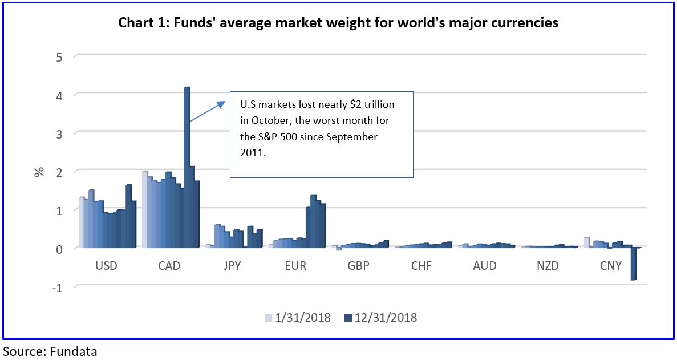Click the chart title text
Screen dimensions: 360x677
click(x=338, y=23)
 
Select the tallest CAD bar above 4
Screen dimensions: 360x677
click(x=187, y=165)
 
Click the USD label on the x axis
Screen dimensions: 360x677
click(x=107, y=266)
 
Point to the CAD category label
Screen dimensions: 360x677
click(x=169, y=266)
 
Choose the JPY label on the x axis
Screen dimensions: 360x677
click(x=233, y=266)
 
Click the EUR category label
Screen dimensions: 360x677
click(x=295, y=266)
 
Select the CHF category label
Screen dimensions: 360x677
click(x=421, y=266)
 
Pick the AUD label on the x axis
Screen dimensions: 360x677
click(x=485, y=266)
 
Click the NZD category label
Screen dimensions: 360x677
click(x=548, y=266)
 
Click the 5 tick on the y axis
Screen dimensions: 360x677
click(x=59, y=56)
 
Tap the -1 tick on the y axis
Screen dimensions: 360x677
click(x=57, y=287)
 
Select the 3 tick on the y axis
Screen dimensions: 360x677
click(x=59, y=133)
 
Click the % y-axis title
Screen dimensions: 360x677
click(x=39, y=171)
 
